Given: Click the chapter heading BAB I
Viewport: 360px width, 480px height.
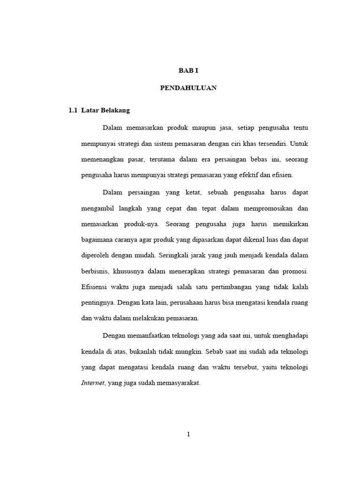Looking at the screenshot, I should tap(188, 71).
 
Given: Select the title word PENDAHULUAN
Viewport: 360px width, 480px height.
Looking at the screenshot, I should tap(188, 88).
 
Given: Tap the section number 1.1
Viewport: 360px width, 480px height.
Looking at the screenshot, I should tap(73, 111).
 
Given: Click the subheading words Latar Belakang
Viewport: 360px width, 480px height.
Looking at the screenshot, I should tap(105, 111).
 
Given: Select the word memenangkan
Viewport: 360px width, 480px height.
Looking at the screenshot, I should tap(102, 159).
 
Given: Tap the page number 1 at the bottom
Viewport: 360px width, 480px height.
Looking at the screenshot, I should tap(188, 434).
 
